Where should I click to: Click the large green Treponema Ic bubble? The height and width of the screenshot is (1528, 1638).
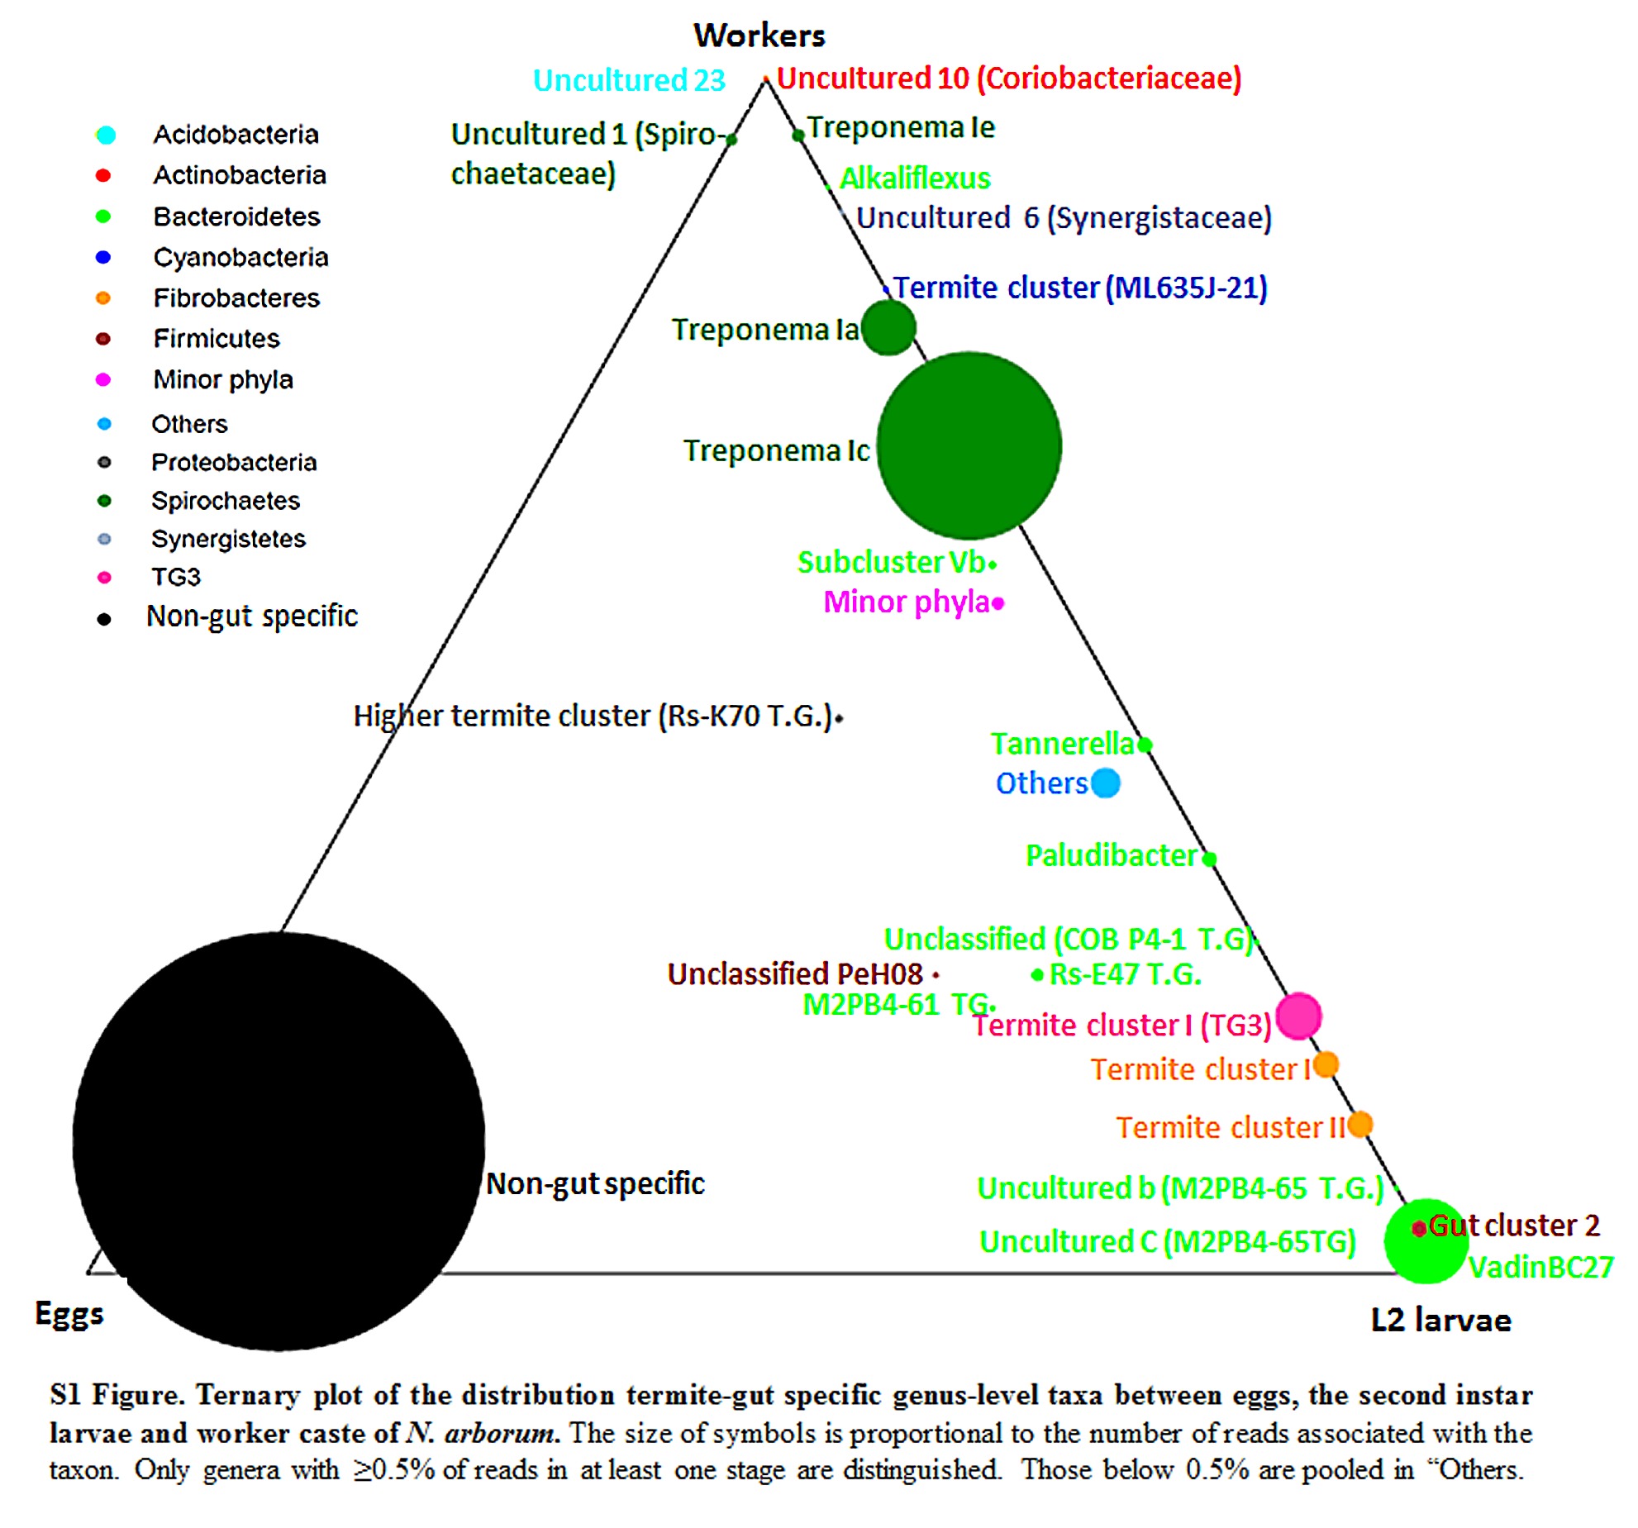[x=969, y=445]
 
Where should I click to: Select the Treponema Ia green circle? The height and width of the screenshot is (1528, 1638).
[x=888, y=327]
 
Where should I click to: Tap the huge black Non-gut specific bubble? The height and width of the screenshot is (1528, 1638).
[x=279, y=1141]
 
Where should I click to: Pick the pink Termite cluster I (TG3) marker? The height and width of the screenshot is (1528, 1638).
[x=1298, y=1016]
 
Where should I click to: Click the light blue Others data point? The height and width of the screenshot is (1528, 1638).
[x=1105, y=783]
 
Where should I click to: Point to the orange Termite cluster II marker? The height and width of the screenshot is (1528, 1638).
[x=1359, y=1125]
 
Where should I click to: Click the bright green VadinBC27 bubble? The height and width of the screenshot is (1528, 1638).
[x=1426, y=1240]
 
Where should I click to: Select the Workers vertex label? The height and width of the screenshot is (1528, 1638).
[x=759, y=36]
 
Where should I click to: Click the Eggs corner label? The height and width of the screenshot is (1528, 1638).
[x=69, y=1314]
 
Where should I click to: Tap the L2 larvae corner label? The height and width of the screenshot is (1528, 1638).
[x=1440, y=1320]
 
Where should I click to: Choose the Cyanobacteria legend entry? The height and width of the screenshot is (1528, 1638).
[x=240, y=257]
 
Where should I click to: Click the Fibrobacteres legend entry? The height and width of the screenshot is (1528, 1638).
[x=236, y=298]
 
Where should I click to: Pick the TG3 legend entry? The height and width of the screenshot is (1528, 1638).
[x=176, y=577]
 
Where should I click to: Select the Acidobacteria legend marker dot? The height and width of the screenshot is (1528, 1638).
[x=106, y=135]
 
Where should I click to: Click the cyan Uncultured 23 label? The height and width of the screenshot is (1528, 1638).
[x=629, y=80]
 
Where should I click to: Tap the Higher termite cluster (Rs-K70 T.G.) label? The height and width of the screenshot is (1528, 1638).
[x=593, y=716]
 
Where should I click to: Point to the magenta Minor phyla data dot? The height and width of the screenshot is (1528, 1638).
[x=998, y=603]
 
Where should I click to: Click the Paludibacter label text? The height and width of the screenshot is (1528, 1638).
[x=1112, y=855]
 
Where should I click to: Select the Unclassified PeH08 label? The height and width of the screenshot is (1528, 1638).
[x=795, y=974]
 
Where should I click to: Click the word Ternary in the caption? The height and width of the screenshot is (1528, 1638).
[x=248, y=1395]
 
